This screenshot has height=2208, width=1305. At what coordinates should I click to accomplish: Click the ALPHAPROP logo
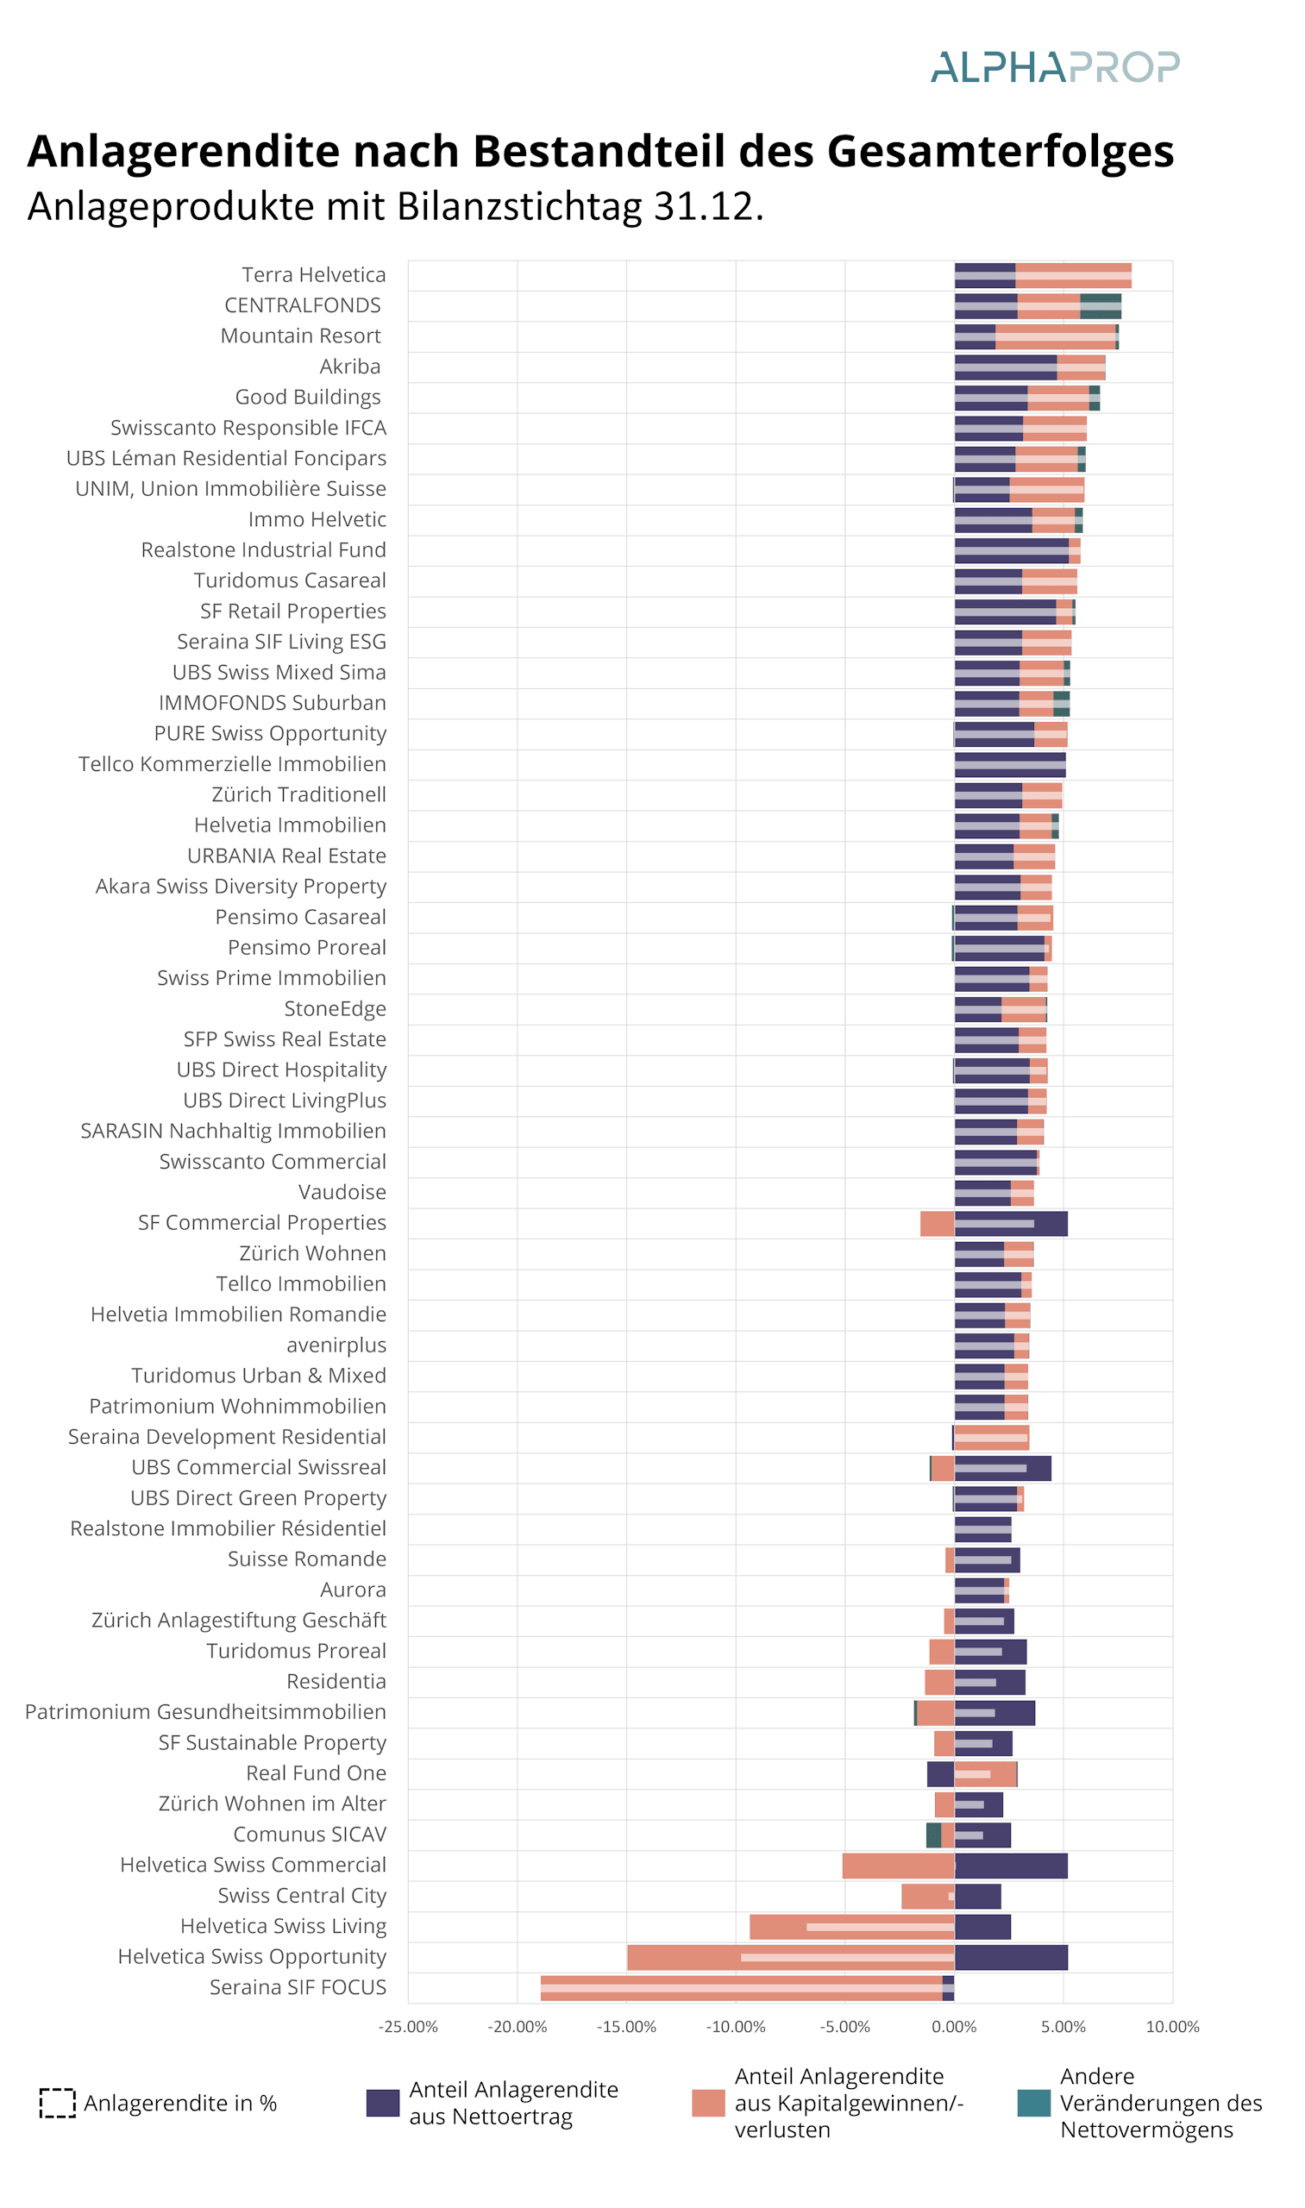click(1054, 66)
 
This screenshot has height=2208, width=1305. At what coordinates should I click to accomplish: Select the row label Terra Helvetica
click(314, 275)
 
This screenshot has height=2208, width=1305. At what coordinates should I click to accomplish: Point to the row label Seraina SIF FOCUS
click(298, 1987)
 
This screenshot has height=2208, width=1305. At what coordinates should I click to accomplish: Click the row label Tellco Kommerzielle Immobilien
click(232, 764)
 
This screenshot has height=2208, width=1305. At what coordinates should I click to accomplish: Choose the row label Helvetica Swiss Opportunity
click(253, 1956)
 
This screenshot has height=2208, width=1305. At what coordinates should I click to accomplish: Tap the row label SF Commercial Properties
click(262, 1223)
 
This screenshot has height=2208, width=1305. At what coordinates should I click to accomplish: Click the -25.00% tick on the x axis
click(408, 2027)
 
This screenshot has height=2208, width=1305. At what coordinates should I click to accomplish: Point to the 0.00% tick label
click(954, 2027)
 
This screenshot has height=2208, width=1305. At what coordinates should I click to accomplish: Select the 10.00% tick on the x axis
click(1172, 2027)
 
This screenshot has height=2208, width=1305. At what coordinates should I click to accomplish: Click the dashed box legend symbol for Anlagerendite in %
click(57, 2104)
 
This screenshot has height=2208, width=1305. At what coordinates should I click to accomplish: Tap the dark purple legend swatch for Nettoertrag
click(383, 2104)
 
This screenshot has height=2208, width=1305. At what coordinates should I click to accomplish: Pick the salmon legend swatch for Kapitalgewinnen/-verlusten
click(708, 2104)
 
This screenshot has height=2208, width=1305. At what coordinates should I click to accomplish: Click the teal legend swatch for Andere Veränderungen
click(1033, 2104)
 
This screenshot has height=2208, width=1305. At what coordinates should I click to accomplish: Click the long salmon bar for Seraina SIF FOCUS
click(741, 1988)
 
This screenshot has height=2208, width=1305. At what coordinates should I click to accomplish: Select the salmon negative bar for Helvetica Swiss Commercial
click(899, 1866)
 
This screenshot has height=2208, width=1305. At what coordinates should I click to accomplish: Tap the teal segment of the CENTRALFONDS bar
click(1100, 306)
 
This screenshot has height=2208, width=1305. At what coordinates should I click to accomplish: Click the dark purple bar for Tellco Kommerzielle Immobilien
click(1010, 765)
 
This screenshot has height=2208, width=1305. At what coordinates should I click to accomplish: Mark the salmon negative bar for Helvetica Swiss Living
click(852, 1927)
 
